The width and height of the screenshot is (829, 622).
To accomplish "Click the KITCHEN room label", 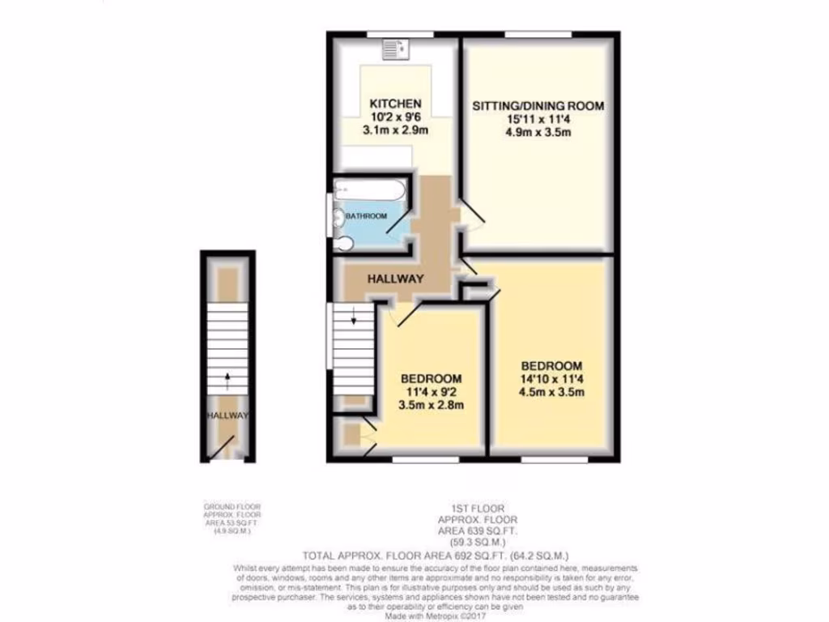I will point(395,104).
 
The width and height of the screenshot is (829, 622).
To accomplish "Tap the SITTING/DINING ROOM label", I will point(538,106).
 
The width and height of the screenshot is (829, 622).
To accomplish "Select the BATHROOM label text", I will point(367,216).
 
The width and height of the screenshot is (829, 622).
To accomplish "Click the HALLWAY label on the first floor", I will point(396,279).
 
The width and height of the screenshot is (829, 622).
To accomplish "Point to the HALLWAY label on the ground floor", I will point(227,415).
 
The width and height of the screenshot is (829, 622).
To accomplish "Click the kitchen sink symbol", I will point(397,50).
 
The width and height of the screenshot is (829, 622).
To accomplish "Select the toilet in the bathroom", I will point(342,244).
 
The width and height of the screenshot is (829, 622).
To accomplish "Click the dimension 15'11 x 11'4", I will point(538,119).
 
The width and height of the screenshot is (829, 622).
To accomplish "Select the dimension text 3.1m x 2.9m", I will point(395,130).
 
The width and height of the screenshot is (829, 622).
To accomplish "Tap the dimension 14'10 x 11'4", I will point(552,379).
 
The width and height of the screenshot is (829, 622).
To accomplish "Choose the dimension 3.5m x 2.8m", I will point(432,406).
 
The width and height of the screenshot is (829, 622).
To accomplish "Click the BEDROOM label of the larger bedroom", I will point(552,365).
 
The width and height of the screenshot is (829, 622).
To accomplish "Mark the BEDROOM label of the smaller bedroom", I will point(432,378).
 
